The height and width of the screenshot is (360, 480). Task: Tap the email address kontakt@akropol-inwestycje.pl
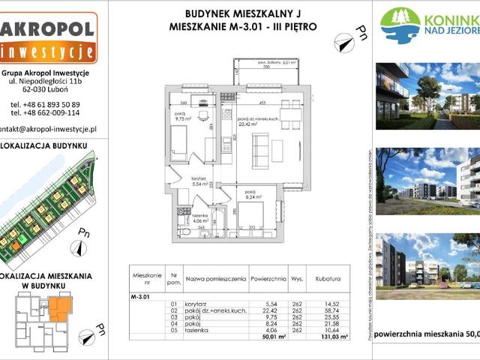48,128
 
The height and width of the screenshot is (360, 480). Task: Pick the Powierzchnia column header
268,277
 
